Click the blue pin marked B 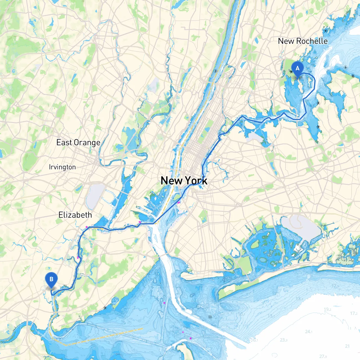click(51, 280)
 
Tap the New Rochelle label click(303, 41)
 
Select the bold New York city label click(184, 181)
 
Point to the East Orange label click(78, 143)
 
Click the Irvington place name click(62, 167)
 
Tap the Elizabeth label click(75, 215)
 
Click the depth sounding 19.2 click(327, 309)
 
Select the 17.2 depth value click(354, 313)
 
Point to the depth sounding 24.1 click(309, 332)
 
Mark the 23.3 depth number click(283, 340)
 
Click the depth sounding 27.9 click(323, 356)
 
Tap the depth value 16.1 click(254, 340)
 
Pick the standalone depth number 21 click(347, 346)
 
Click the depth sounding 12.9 click(335, 286)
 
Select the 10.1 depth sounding click(241, 314)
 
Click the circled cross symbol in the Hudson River click(216, 71)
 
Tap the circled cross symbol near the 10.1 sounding click(210, 317)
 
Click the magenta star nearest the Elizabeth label click(87, 227)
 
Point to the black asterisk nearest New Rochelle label click(326, 31)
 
